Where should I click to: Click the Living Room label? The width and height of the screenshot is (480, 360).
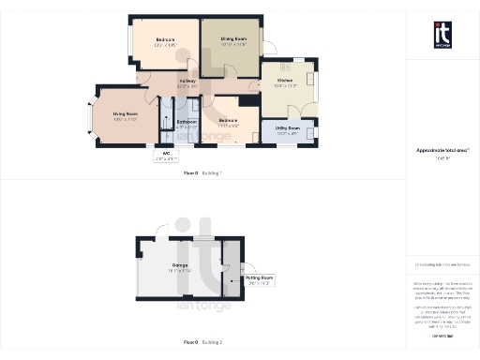(x=125, y=116)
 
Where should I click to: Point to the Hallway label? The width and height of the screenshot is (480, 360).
(x=187, y=83)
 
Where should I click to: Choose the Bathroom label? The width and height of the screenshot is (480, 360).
(x=186, y=122)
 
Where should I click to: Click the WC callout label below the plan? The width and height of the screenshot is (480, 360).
(x=166, y=156)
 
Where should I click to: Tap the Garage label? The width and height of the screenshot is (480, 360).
(x=180, y=267)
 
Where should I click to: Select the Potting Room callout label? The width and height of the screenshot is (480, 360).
(x=259, y=279)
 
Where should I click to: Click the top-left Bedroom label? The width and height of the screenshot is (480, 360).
(x=166, y=42)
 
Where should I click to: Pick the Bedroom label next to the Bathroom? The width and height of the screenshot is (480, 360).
(x=229, y=122)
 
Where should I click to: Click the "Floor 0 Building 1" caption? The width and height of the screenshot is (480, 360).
(x=202, y=173)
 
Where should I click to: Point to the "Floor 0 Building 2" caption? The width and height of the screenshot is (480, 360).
(x=202, y=343)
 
